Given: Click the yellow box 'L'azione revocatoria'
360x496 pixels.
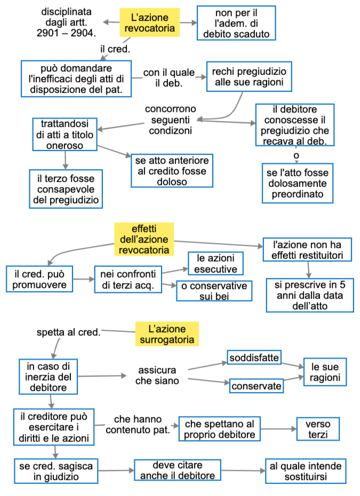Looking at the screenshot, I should click(149, 22).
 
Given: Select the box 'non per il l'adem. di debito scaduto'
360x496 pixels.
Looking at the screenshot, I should click(236, 23).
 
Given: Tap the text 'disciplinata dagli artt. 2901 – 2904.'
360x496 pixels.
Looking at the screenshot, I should click(66, 22).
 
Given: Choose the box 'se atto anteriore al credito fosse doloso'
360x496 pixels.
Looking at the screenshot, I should click(172, 171).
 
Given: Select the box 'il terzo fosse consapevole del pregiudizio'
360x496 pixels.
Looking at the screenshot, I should click(66, 188).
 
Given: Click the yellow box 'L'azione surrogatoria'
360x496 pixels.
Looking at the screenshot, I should click(167, 333).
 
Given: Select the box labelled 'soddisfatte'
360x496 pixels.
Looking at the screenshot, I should click(254, 357).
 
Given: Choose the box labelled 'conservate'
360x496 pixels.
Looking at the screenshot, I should click(257, 385).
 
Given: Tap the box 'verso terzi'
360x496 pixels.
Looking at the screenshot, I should click(318, 429).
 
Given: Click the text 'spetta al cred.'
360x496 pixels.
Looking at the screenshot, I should click(68, 332).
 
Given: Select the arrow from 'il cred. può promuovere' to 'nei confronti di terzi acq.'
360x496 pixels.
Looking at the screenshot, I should click(83, 279).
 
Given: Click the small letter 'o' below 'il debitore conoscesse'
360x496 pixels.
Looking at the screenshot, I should click(296, 155).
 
